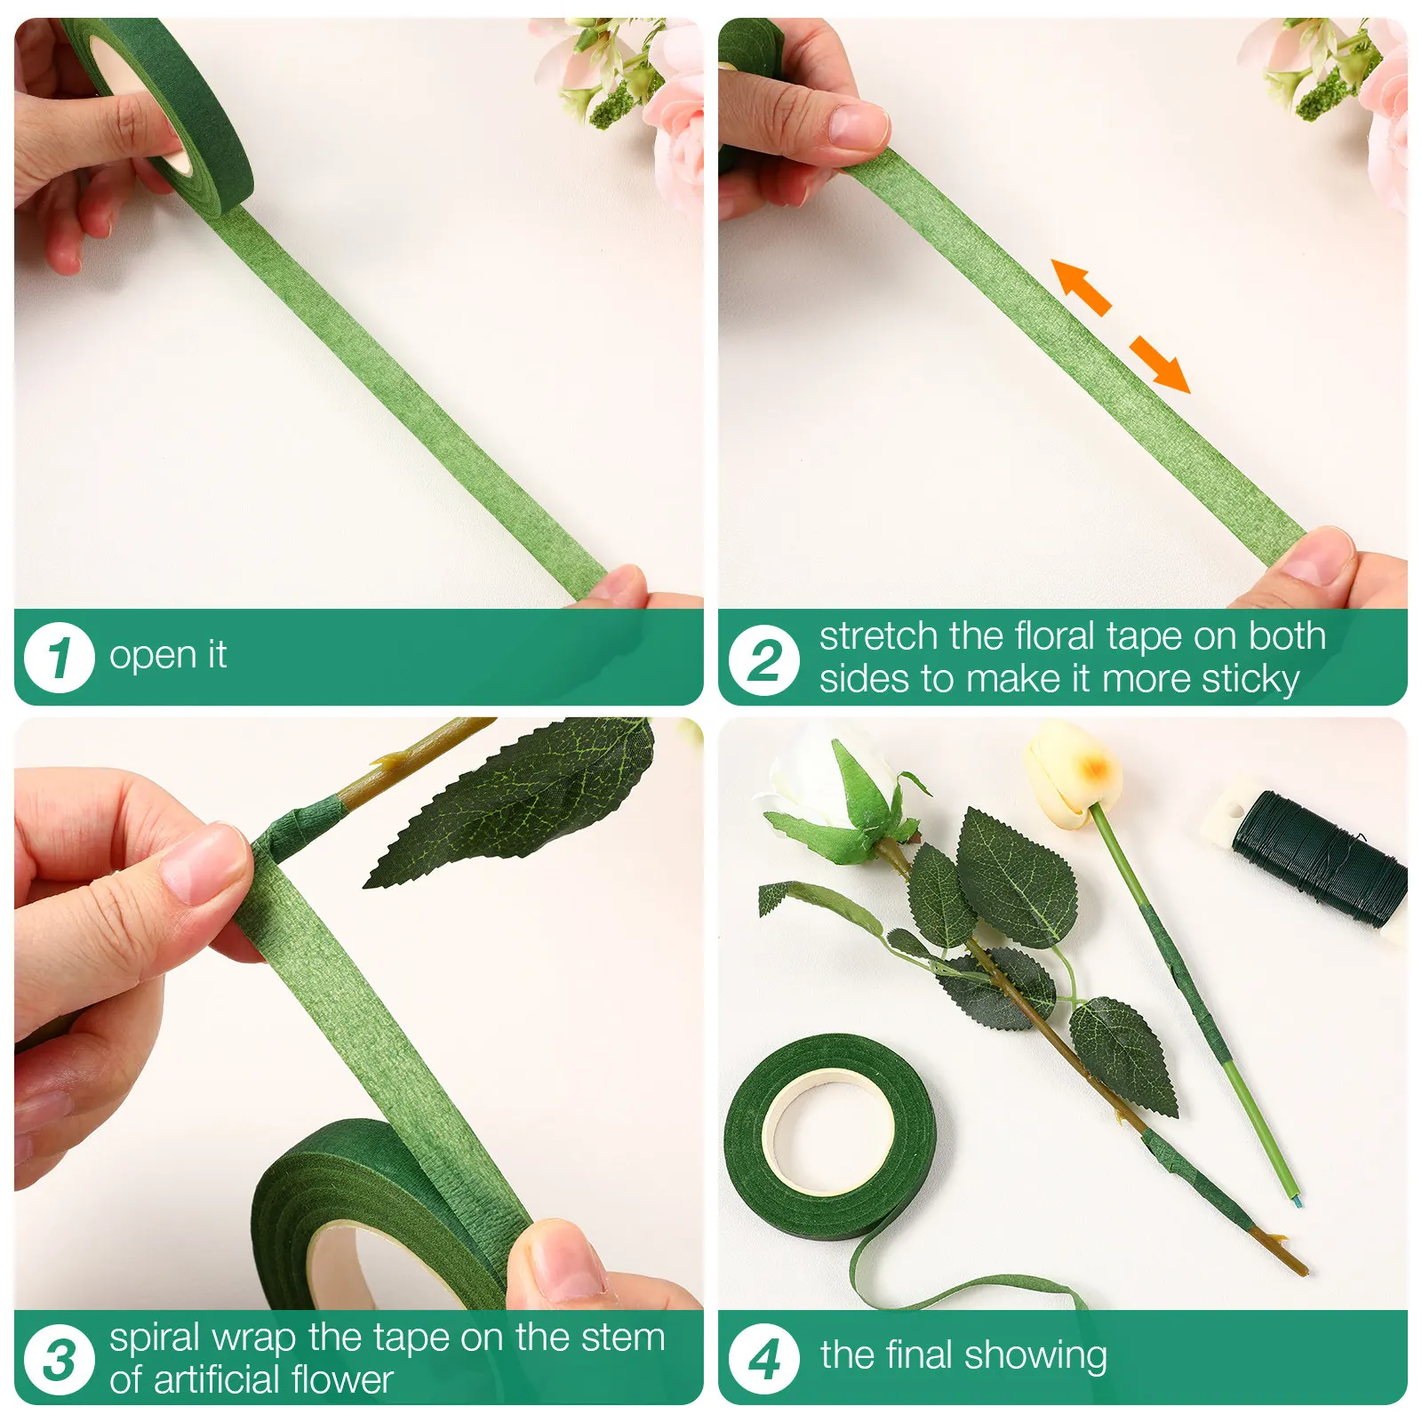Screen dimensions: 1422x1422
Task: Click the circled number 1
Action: (59, 658)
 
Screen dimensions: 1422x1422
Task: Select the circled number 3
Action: (59, 1360)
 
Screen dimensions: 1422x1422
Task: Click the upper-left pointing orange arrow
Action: (1081, 286)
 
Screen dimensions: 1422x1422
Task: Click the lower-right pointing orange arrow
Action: (1160, 363)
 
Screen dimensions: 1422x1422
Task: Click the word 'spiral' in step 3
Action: (156, 1338)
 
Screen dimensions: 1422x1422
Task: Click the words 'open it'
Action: (168, 656)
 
